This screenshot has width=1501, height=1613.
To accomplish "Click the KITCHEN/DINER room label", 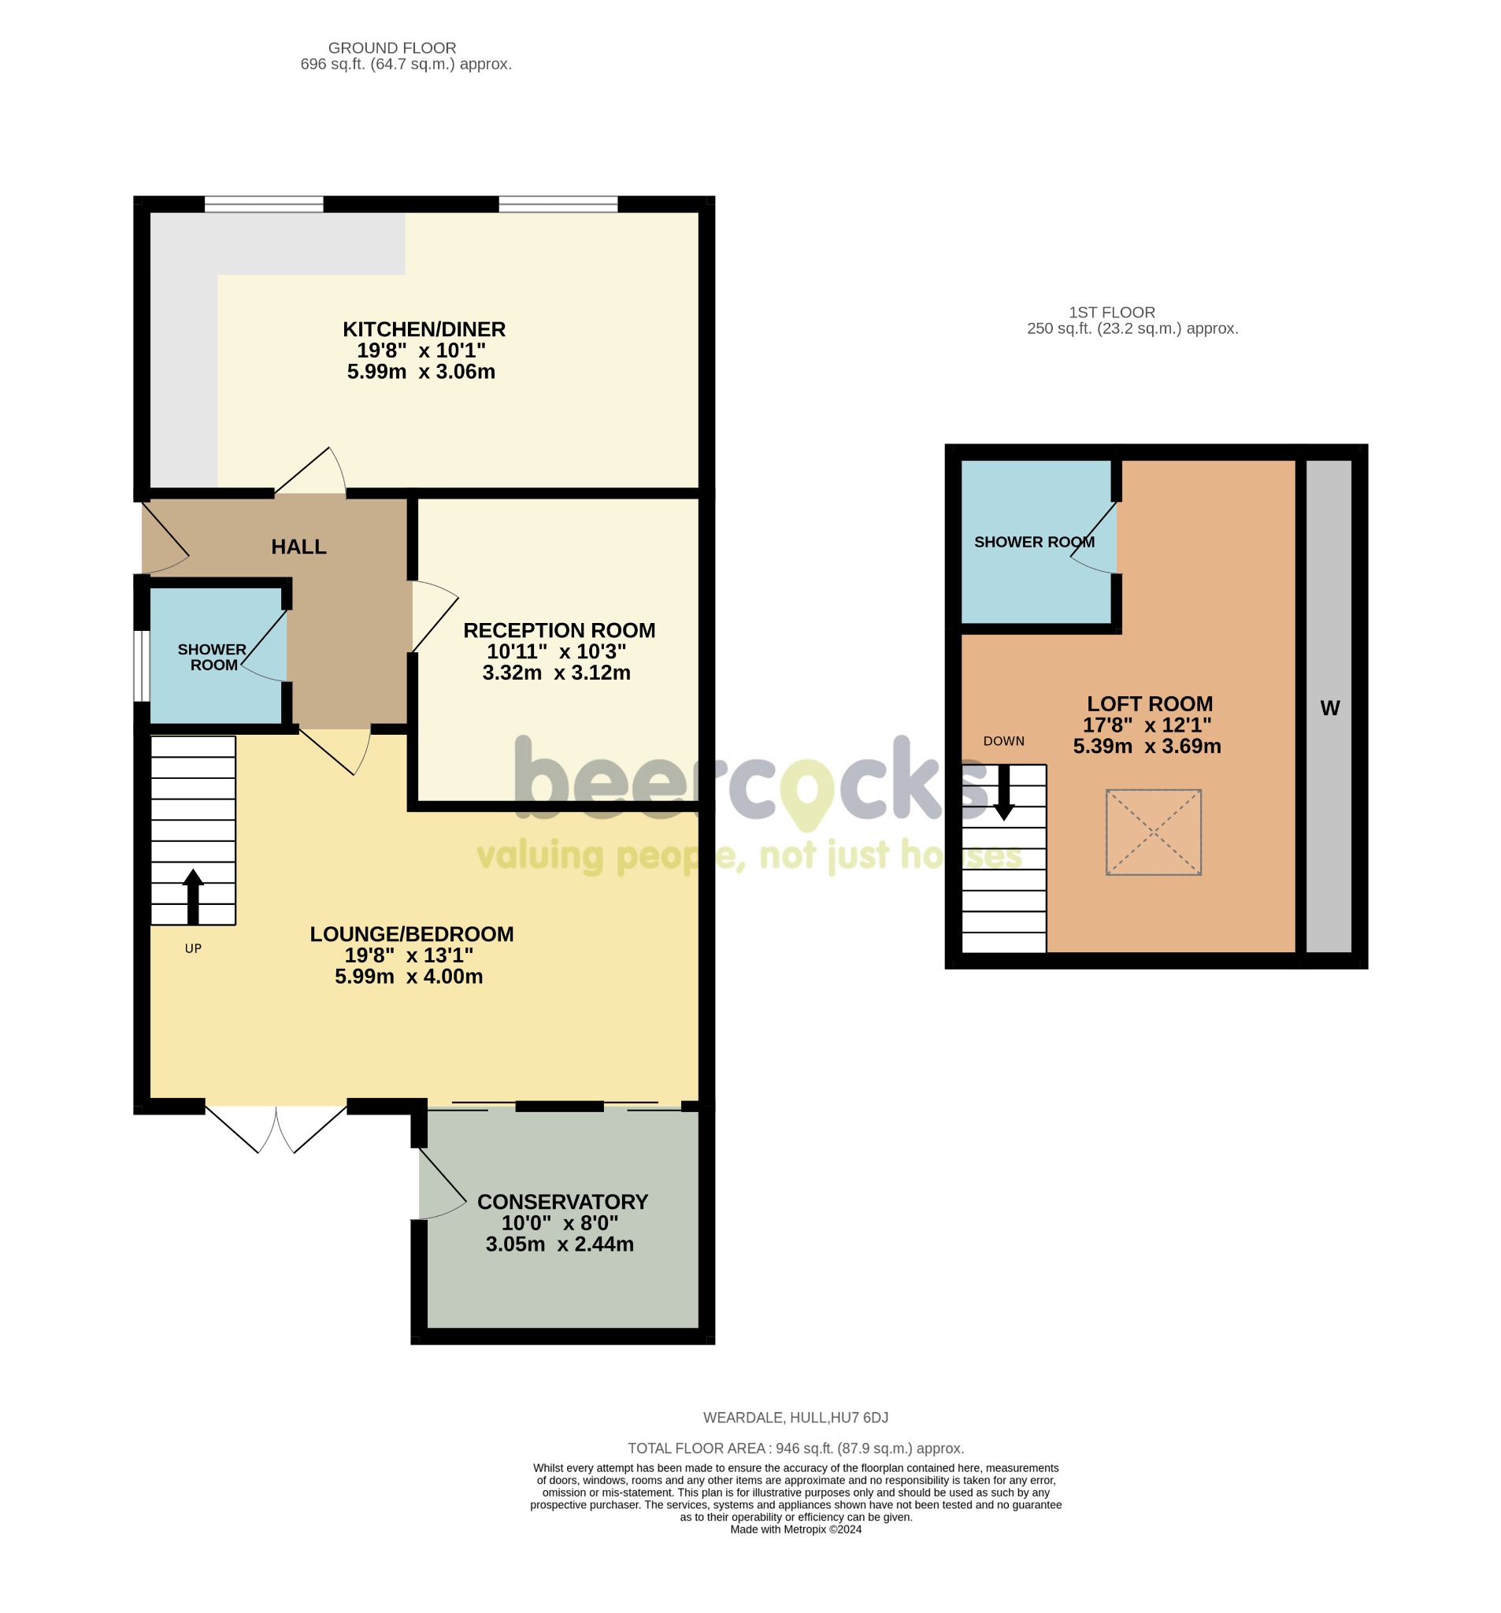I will (424, 329).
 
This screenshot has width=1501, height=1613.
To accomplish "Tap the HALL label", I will (298, 547).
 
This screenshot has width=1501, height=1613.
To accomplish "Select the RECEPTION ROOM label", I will (559, 630).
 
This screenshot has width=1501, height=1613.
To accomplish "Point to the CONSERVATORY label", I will (562, 1202).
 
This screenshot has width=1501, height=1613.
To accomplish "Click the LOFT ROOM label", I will (1149, 703).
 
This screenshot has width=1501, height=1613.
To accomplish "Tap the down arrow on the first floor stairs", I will (1003, 792).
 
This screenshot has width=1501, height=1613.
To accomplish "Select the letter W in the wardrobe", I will (1329, 708).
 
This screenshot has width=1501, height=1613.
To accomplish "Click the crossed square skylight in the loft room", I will (1153, 832).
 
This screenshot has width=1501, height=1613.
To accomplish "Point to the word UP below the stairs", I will (193, 948).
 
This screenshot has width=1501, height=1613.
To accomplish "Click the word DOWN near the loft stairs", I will (1003, 741).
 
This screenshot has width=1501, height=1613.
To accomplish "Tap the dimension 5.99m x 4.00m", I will (409, 977).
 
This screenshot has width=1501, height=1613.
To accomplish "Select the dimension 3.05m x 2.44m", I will (560, 1244).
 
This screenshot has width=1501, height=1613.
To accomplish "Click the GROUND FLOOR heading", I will (392, 48).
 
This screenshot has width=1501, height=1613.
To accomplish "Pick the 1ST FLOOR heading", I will (1111, 313).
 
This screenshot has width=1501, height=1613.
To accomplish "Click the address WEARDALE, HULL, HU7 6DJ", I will (795, 1418).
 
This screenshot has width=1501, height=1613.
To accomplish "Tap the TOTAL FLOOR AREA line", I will (795, 1448).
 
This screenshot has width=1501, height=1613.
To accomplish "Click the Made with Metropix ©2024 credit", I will (795, 1530).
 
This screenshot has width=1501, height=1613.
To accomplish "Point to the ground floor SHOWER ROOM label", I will (212, 657).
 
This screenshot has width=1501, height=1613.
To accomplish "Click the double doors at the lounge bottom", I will (276, 1128).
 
